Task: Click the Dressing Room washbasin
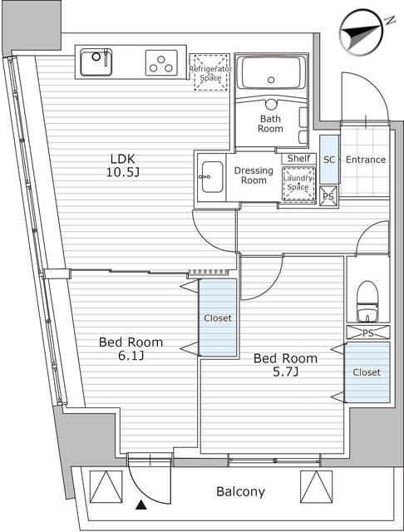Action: point(210,176)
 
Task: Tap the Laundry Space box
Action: point(298,182)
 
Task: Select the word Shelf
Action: point(298,158)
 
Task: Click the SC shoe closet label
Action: point(328,159)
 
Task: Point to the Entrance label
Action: point(365,159)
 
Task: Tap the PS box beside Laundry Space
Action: point(328,196)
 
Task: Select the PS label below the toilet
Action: point(367,332)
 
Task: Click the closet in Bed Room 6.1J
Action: point(218,318)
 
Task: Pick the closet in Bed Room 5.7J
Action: point(367,372)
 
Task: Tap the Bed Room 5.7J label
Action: point(285,365)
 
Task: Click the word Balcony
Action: point(240,491)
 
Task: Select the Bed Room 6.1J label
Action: point(131,348)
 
